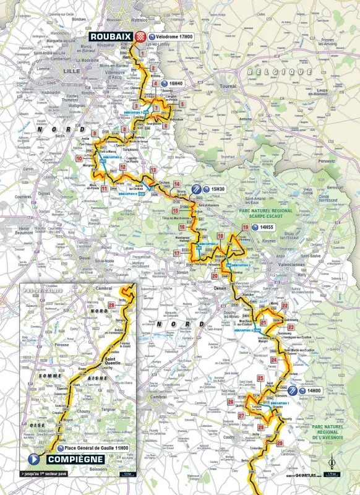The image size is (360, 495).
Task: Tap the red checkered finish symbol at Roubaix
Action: pyautogui.click(x=142, y=37)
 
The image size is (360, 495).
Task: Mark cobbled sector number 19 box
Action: pyautogui.click(x=220, y=236)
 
